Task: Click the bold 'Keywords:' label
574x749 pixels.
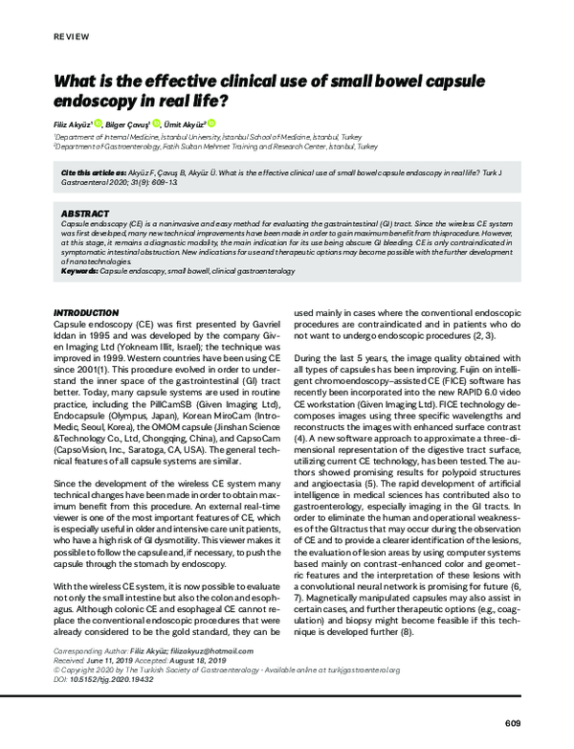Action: [x=78, y=271]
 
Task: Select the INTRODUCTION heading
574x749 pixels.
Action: [x=85, y=312]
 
